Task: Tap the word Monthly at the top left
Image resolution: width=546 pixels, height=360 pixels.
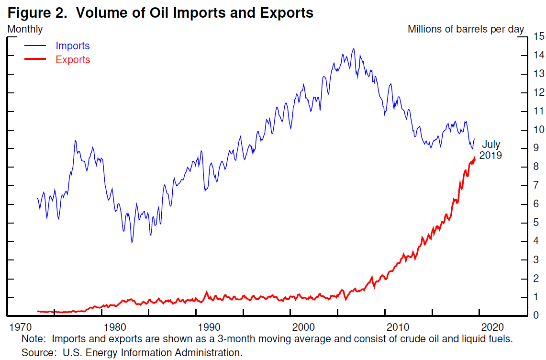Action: [25, 29]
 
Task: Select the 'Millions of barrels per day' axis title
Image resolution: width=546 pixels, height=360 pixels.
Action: [466, 29]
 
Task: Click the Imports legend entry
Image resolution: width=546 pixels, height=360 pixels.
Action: [72, 46]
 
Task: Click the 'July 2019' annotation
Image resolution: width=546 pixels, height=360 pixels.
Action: [490, 149]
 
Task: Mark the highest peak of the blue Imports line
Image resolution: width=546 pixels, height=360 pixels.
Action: [353, 48]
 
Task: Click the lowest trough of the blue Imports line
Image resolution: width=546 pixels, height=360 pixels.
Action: [132, 243]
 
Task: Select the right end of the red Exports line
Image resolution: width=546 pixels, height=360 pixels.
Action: [475, 158]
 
